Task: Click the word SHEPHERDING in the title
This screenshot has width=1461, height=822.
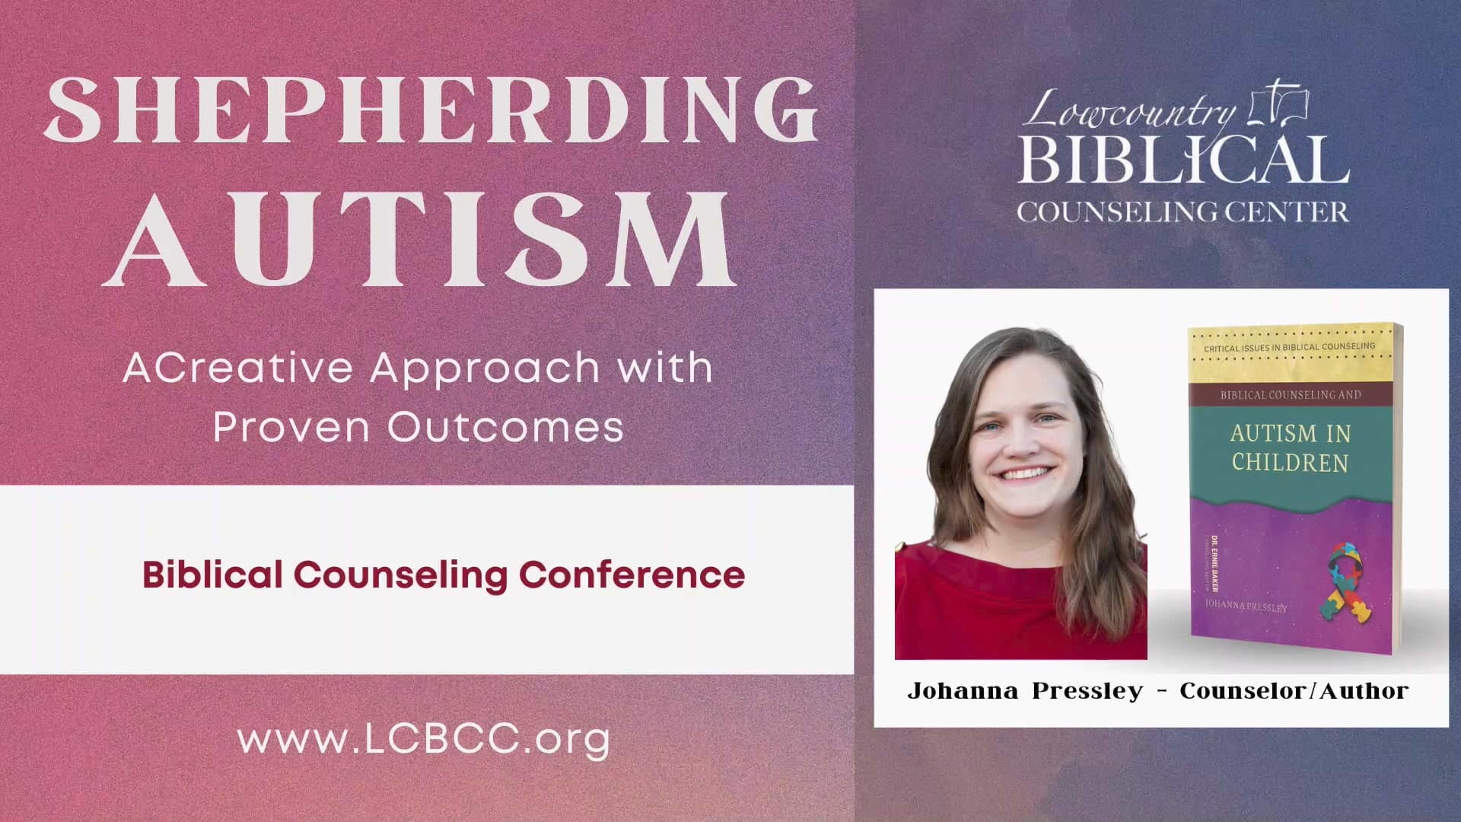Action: pyautogui.click(x=431, y=110)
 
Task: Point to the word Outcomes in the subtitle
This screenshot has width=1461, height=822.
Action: pyautogui.click(x=506, y=426)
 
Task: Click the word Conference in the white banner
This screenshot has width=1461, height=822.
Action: pyautogui.click(x=632, y=574)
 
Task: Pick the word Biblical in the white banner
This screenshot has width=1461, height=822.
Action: pyautogui.click(x=212, y=574)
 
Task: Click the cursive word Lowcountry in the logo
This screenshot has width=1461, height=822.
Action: pyautogui.click(x=1131, y=112)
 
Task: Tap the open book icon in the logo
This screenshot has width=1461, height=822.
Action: pyautogui.click(x=1278, y=103)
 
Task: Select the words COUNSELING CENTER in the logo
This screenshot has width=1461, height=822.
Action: pyautogui.click(x=1183, y=212)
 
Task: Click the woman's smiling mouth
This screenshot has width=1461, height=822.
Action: pyautogui.click(x=1024, y=474)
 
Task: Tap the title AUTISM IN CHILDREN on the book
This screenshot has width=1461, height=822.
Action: pyautogui.click(x=1290, y=448)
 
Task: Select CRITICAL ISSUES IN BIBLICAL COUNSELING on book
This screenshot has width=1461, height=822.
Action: pyautogui.click(x=1289, y=347)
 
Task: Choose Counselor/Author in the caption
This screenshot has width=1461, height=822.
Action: pyautogui.click(x=1294, y=691)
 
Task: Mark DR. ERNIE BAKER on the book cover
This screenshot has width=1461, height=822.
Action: pyautogui.click(x=1215, y=564)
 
